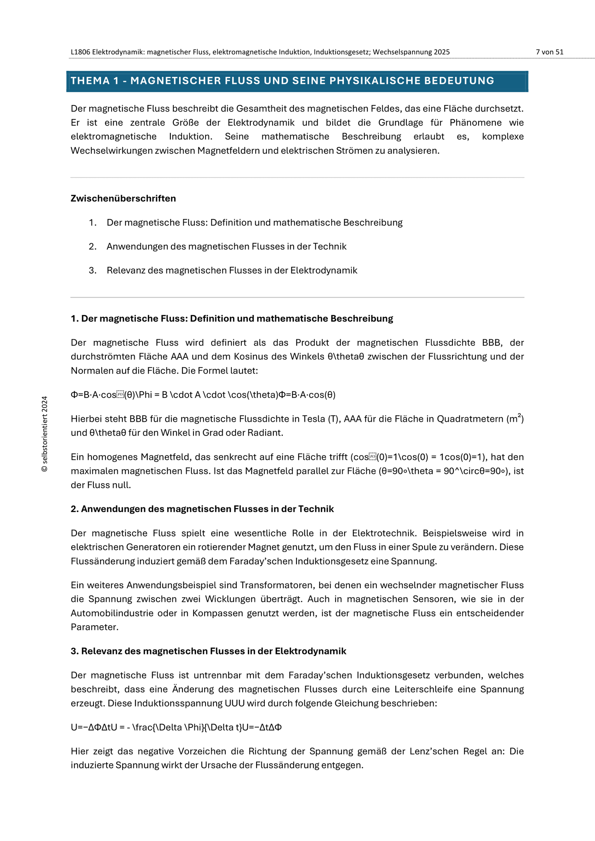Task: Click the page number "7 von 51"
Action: [x=549, y=52]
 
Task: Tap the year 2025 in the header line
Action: [x=441, y=52]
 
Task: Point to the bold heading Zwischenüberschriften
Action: [x=123, y=198]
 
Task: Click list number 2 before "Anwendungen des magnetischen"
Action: [x=92, y=247]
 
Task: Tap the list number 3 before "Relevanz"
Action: [x=92, y=270]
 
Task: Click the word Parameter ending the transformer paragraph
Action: [x=94, y=627]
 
